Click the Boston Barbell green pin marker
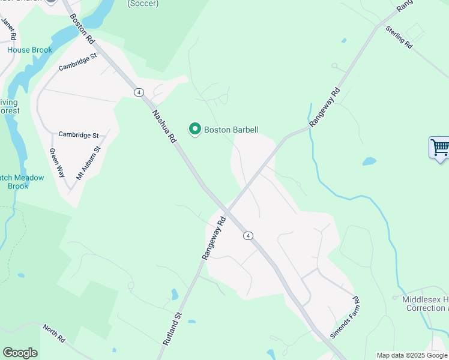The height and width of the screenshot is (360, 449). coord(194,128)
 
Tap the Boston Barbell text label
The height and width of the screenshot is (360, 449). coord(231,130)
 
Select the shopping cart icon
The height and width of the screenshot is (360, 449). coord(439,146)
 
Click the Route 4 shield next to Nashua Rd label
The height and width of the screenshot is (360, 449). coord(139,92)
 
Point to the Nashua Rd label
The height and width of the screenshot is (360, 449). coord(164,125)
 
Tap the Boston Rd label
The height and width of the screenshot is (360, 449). coord(82,29)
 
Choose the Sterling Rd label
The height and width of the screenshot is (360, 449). coord(399,37)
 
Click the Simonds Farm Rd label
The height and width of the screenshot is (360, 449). coord(345,317)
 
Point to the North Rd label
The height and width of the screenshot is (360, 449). coord(53,333)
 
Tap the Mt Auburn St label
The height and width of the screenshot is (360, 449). coord(88,163)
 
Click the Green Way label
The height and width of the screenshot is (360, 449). coord(56,162)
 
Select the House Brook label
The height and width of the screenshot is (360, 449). coord(30,50)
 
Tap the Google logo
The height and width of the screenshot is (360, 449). coord(20,353)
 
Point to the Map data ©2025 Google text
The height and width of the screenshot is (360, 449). coord(412,355)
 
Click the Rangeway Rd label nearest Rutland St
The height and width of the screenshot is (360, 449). coord(213,238)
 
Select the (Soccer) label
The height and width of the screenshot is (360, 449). coord(143,4)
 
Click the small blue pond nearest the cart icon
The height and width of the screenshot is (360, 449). coord(369,161)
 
